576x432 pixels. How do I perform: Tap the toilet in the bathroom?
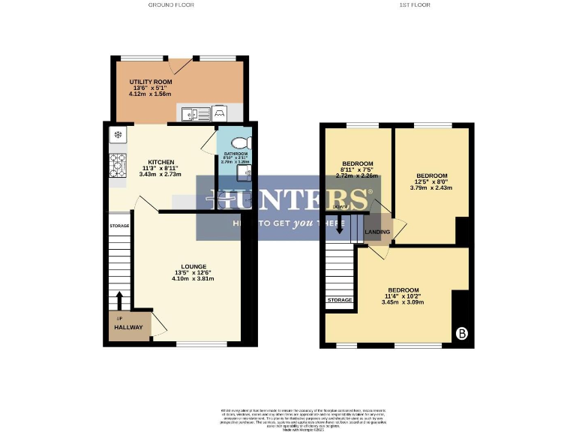tap(239, 142)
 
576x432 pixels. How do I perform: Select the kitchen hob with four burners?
tap(118, 165)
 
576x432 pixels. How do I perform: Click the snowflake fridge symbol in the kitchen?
tap(118, 135)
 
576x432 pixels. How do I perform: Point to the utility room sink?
tap(193, 114)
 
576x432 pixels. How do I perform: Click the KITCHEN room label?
tap(161, 162)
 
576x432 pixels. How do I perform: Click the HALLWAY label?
tap(128, 328)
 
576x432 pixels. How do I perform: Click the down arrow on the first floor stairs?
tap(340, 224)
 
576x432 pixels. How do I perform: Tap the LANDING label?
tap(377, 232)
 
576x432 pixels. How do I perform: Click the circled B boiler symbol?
tap(460, 334)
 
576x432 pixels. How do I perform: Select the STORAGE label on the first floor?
tap(339, 300)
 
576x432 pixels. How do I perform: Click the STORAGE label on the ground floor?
tap(119, 226)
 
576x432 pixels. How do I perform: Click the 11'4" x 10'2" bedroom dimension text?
tap(403, 296)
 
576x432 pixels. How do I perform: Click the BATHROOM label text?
tap(235, 154)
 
